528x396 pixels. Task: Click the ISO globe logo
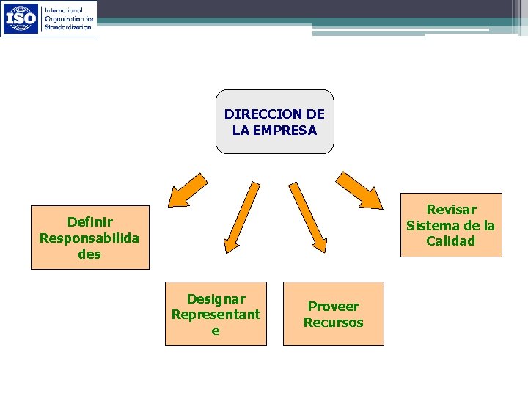tap(21, 18)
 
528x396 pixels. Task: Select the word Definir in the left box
tap(89, 221)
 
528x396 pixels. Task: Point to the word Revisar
tap(451, 210)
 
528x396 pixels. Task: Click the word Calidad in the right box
tap(451, 241)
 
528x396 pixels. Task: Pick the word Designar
tap(216, 298)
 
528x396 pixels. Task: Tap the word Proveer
tap(334, 307)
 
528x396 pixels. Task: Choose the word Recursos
tap(334, 323)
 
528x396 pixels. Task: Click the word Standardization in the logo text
tap(68, 26)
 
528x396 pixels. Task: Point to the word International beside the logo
tap(65, 10)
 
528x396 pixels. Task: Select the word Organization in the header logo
tap(62, 18)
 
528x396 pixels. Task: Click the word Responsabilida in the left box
tap(89, 238)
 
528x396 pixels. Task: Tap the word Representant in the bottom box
tap(216, 315)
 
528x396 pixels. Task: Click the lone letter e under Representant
tap(216, 331)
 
